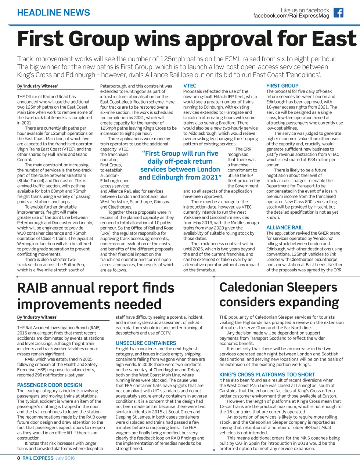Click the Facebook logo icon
pyautogui.click(x=338, y=13)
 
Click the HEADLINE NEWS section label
pyautogui.click(x=54, y=13)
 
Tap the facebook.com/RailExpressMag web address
pyautogui.click(x=291, y=16)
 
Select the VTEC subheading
pyautogui.click(x=190, y=86)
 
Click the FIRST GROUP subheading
pyautogui.click(x=282, y=86)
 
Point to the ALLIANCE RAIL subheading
pyautogui.click(x=284, y=228)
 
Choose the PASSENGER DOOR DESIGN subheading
pyautogui.click(x=50, y=385)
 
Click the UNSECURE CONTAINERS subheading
pyautogui.click(x=146, y=343)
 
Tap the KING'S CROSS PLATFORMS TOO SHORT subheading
pyautogui.click(x=267, y=375)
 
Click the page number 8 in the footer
pyautogui.click(x=19, y=458)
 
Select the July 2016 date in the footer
pyautogui.click(x=65, y=458)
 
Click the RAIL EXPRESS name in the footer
pyautogui.click(x=38, y=458)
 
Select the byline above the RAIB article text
pyautogui.click(x=37, y=317)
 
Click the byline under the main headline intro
pyautogui.click(x=37, y=86)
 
